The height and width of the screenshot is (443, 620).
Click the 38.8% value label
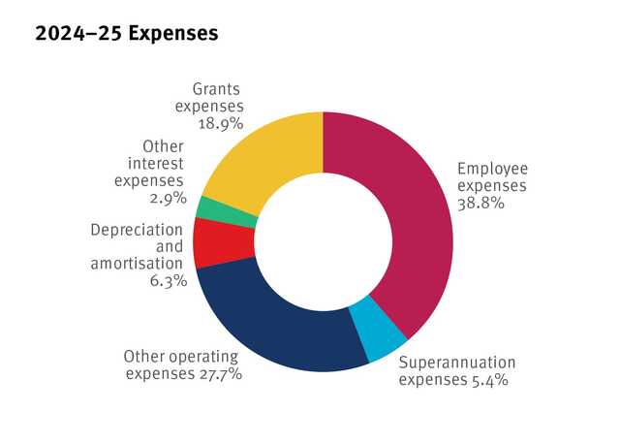point(480,205)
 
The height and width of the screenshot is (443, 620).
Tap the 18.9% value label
point(221,124)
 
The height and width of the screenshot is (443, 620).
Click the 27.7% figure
point(219,373)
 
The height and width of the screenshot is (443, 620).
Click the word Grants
point(217,89)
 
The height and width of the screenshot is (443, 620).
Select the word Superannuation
point(457,363)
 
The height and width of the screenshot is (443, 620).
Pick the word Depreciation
point(136,230)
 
